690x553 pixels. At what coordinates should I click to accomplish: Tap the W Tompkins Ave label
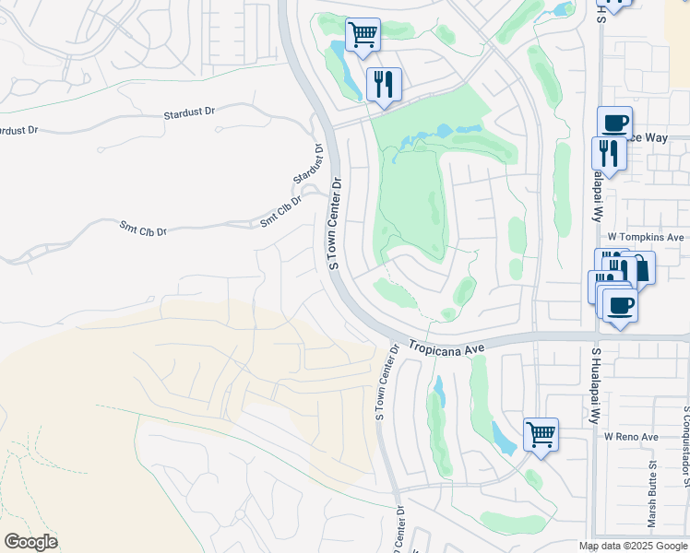click(646, 237)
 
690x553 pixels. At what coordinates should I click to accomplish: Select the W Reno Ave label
click(631, 436)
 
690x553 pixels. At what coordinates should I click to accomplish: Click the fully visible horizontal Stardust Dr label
click(189, 112)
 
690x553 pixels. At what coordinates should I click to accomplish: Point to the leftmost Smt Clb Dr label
click(143, 227)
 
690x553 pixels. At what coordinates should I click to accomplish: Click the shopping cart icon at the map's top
click(363, 35)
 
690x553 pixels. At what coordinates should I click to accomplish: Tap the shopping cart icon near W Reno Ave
click(541, 433)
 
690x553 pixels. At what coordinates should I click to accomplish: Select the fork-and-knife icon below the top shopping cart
click(383, 84)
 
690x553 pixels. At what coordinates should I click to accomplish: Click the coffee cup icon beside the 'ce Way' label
click(614, 122)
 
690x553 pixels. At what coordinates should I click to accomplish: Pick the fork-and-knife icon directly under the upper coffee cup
click(608, 151)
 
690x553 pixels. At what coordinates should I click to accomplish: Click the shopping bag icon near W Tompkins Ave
click(639, 268)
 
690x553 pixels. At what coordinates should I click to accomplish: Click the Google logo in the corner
click(30, 542)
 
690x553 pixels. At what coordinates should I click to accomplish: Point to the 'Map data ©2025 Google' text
click(633, 546)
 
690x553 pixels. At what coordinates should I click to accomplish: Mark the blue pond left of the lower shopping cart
click(504, 439)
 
